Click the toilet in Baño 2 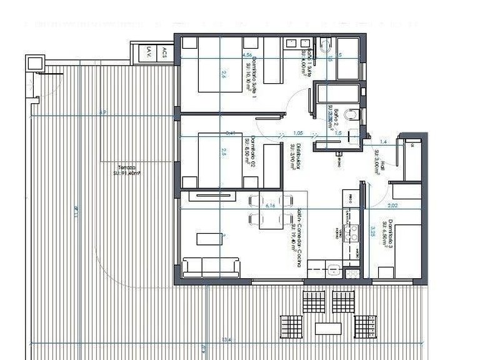click(354, 114)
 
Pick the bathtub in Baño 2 click(338, 94)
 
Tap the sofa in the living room click(211, 267)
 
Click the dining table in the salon click(271, 210)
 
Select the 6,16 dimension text click(271, 205)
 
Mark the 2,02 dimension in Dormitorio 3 click(392, 204)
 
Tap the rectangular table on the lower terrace click(328, 329)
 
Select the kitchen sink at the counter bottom click(334, 270)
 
